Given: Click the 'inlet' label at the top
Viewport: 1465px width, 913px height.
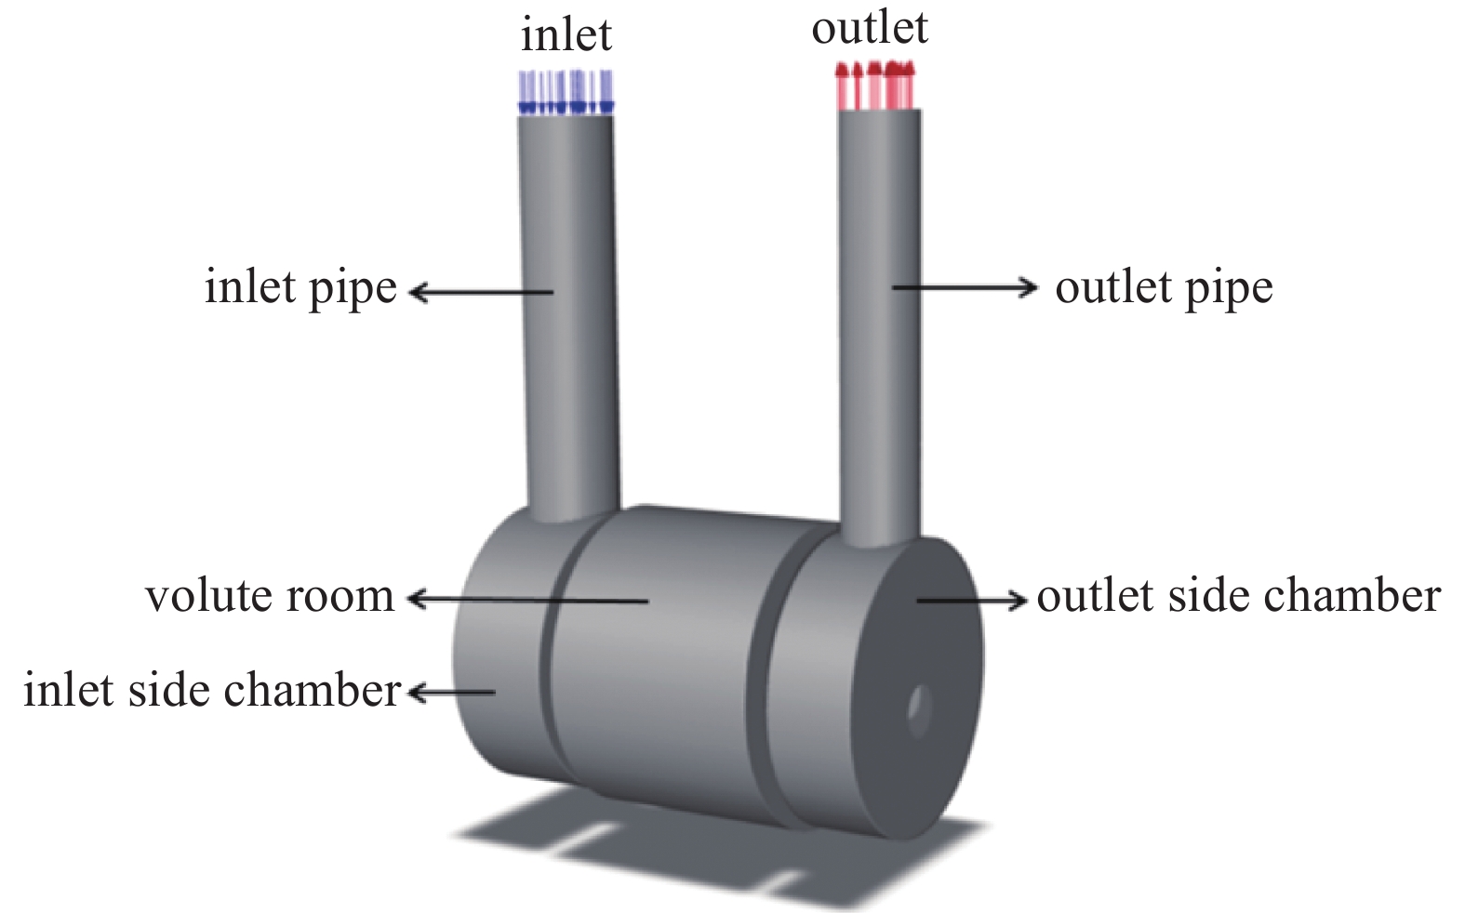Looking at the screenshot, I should coord(566,35).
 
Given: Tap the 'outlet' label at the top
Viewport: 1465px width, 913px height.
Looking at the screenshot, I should coord(870,28).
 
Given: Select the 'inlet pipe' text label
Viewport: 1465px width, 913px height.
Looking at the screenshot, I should coord(300,288).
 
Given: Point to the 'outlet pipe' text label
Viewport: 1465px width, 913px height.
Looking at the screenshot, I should coord(1164,288).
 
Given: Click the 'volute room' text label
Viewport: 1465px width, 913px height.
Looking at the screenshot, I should coord(270,597).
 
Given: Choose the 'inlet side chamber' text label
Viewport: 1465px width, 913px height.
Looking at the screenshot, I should coord(212,691).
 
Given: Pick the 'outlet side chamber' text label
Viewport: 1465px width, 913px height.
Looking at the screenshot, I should coord(1238,597).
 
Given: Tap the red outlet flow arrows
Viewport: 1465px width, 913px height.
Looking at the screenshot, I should coord(874,86).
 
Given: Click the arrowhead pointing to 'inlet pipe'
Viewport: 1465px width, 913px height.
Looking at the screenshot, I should coord(418,293).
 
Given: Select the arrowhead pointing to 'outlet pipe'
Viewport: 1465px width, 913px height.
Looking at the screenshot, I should coord(1028,287).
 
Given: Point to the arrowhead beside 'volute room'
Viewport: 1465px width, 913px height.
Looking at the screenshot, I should coord(416,600).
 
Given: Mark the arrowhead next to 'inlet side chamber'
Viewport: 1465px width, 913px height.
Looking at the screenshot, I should coord(417,692).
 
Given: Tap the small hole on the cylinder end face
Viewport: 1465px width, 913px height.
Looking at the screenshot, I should coord(919,711).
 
